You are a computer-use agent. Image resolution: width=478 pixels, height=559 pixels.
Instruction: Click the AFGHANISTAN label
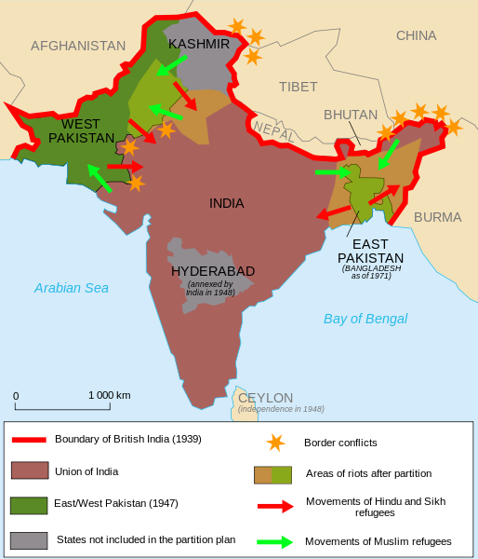(x=78, y=46)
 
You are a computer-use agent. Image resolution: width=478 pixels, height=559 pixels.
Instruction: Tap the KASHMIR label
(x=199, y=44)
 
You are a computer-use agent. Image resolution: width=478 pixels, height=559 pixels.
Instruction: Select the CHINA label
(x=416, y=35)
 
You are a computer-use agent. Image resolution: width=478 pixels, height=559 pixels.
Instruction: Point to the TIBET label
(x=298, y=87)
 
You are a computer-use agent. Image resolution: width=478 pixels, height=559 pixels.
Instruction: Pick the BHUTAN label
(x=351, y=115)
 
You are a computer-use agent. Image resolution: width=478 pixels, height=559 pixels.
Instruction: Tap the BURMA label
(x=437, y=217)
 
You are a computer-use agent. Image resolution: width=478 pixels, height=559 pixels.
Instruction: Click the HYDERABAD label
(x=213, y=271)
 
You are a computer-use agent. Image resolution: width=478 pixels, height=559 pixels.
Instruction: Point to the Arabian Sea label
(x=72, y=288)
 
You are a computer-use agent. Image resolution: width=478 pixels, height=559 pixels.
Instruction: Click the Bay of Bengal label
(x=365, y=319)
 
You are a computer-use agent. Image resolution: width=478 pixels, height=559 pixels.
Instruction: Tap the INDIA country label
(x=227, y=203)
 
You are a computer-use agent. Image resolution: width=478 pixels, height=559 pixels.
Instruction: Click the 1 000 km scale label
(x=110, y=395)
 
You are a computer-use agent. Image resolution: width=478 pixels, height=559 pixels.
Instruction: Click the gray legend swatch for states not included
(x=28, y=539)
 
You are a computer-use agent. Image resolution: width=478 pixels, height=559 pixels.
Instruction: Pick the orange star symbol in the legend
(x=273, y=443)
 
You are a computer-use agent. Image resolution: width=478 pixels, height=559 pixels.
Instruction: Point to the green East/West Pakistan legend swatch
(x=28, y=504)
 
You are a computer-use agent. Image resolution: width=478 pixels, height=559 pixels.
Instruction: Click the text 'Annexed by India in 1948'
(x=210, y=289)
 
